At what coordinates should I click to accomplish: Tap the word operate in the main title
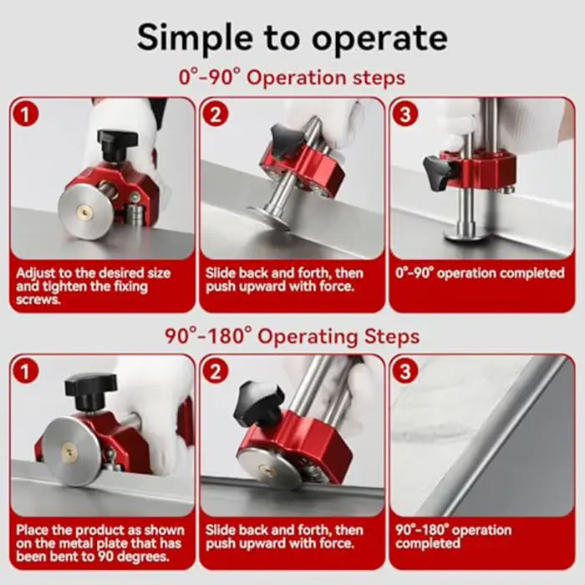coord(379,38)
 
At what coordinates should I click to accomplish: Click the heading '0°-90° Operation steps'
coord(292,78)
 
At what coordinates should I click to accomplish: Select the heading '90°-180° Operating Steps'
coord(292,336)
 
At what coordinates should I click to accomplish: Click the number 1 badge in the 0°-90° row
coord(25,114)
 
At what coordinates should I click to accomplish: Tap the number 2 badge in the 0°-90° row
coord(216,114)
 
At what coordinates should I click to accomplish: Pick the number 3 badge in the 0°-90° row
coord(405,114)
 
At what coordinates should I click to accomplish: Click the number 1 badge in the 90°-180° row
coord(25,372)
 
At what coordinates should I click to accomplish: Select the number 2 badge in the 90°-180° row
coord(216,372)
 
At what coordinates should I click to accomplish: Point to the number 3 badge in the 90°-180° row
coord(405,372)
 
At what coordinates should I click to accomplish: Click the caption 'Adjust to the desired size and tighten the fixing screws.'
coord(94,286)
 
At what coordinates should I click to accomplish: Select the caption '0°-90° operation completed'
coord(481,273)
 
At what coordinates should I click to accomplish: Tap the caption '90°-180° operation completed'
coord(453,537)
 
